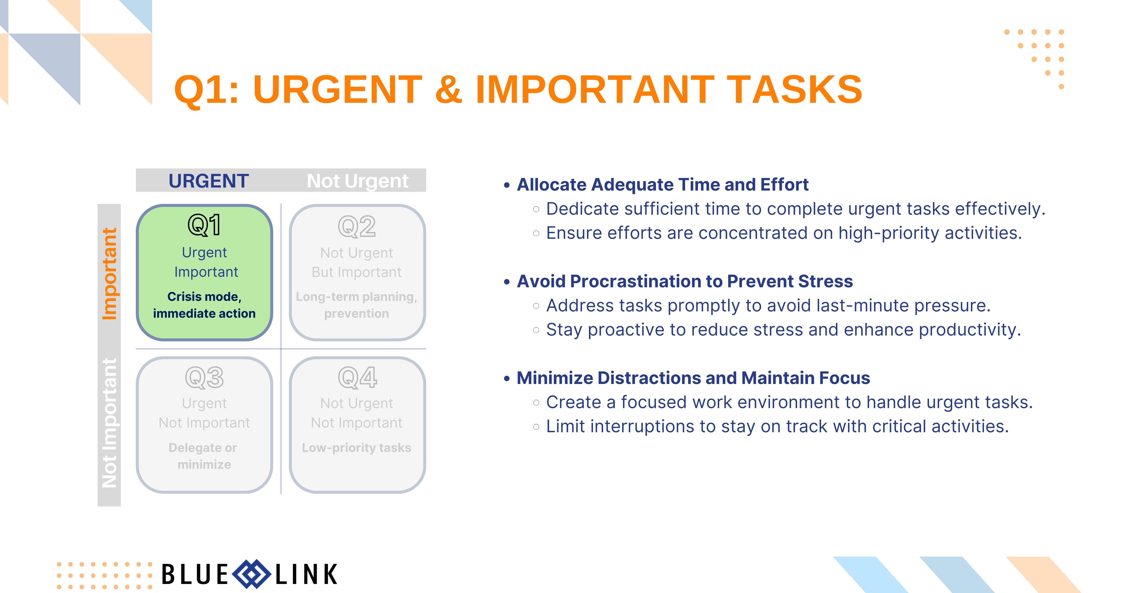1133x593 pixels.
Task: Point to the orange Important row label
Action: tap(109, 274)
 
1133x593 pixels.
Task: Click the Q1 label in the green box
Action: tap(204, 225)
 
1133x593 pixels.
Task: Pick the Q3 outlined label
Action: tap(204, 377)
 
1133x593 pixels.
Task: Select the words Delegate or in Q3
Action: tap(203, 448)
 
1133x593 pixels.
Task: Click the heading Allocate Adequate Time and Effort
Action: tap(662, 185)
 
